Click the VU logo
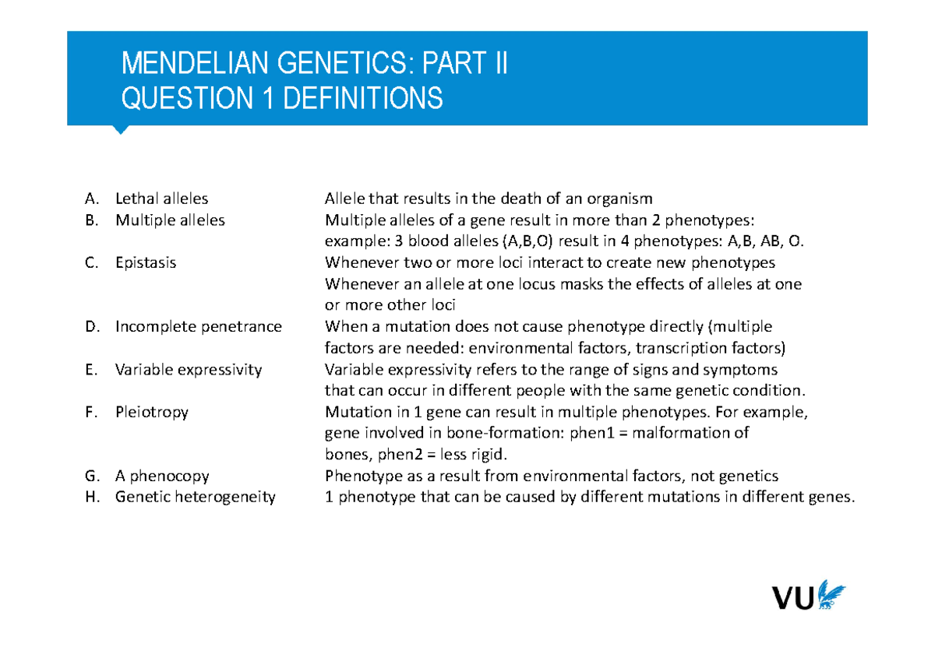coord(809,595)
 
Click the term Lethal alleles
coord(161,199)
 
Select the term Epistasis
coord(146,263)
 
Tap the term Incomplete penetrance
coord(199,327)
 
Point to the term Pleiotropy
coord(152,413)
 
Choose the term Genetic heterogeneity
coord(196,497)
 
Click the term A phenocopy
coord(162,476)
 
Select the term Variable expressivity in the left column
coord(189,370)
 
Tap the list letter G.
coord(92,476)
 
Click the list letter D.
coord(92,326)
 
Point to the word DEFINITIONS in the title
coord(363,98)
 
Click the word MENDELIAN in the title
coord(195,63)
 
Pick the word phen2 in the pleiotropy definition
coord(400,455)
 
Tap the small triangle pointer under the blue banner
coord(121,130)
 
